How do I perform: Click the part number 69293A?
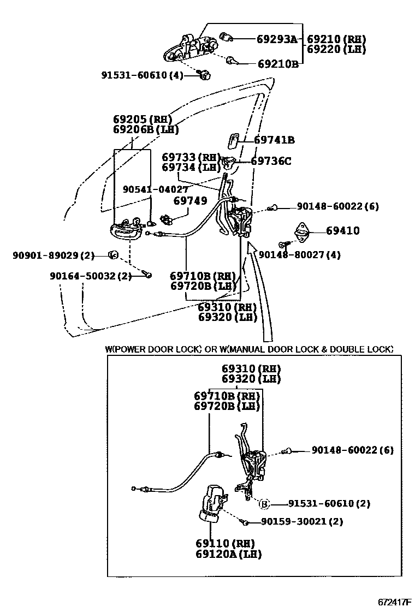pyautogui.click(x=277, y=39)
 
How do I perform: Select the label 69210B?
pyautogui.click(x=278, y=64)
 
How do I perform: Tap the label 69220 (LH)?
pyautogui.click(x=336, y=49)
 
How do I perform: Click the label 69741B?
pyautogui.click(x=274, y=140)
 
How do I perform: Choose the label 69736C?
pyautogui.click(x=271, y=161)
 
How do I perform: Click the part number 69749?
pyautogui.click(x=190, y=201)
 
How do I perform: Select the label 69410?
pyautogui.click(x=343, y=231)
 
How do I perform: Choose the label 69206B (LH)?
pyautogui.click(x=146, y=129)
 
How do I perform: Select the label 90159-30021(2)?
pyautogui.click(x=301, y=521)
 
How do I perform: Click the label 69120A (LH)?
pyautogui.click(x=228, y=554)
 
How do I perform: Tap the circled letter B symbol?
pyautogui.click(x=264, y=503)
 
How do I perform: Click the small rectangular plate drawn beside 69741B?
pyautogui.click(x=232, y=140)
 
